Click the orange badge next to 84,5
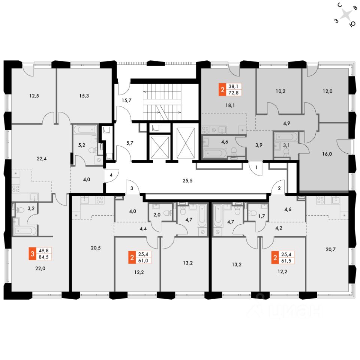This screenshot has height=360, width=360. tap(33, 254)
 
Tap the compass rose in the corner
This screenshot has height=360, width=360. tap(347, 15)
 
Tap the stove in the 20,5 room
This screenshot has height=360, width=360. tap(99, 200)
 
